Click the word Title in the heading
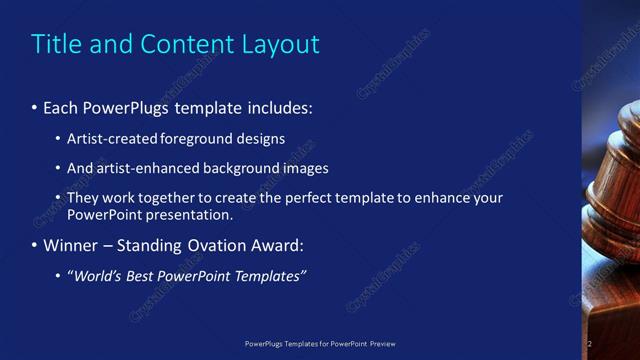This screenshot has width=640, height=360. [54, 44]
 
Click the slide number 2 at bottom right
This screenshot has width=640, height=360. [590, 343]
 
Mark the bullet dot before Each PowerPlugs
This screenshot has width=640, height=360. [35, 107]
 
